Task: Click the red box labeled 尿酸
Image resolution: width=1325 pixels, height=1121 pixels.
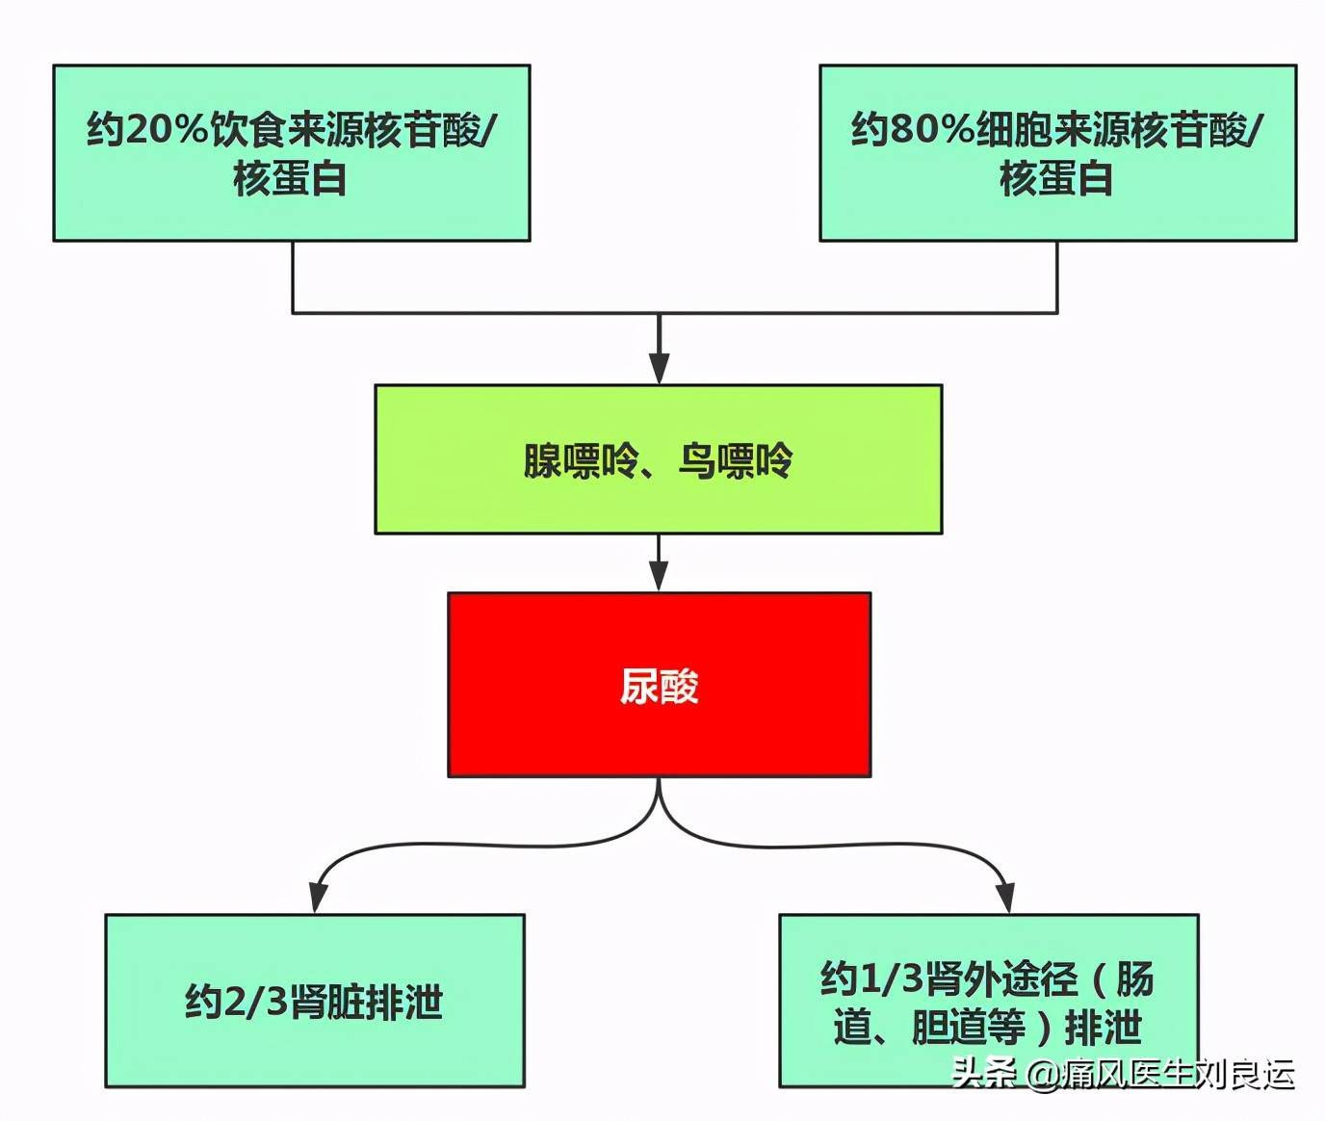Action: coord(659,685)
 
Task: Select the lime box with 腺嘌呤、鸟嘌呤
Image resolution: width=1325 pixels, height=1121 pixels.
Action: coord(658,459)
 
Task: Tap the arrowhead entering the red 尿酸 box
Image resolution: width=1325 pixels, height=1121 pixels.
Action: coord(659,577)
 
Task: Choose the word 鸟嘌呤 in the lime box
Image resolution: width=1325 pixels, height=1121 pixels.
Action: coord(736,460)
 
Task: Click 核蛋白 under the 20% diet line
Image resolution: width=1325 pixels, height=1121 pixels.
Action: coord(290,179)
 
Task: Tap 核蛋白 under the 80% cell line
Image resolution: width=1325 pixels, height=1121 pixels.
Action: coord(1056,179)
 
